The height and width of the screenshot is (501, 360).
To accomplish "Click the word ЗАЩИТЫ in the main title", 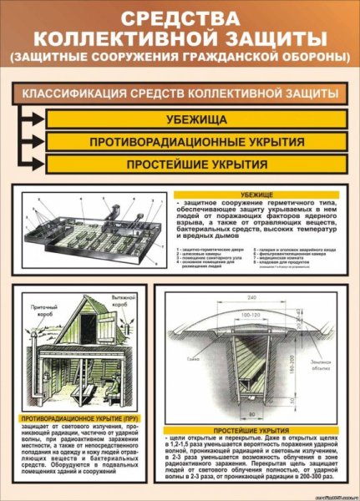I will coord(271,38).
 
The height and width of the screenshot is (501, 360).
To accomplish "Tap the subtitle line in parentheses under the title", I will coord(180,57).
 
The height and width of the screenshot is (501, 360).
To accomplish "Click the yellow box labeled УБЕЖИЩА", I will coord(196,119).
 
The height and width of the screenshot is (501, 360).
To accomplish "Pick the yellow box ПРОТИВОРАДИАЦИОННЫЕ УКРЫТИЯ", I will coord(196,141).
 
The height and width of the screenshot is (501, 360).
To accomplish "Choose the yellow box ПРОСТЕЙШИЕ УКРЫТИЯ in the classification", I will coord(196,164).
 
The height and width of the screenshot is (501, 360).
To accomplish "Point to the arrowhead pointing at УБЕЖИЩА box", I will coord(38,119).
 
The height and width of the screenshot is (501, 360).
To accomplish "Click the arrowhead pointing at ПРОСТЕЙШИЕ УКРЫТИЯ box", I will coord(38,164).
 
